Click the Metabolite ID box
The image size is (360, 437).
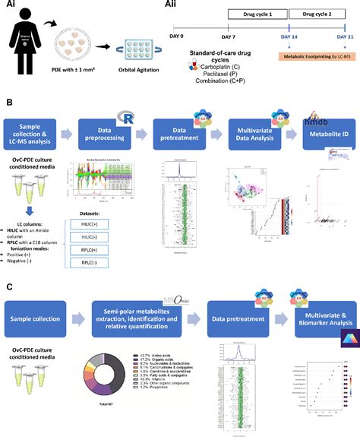coord(322,131)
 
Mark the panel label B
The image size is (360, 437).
coord(8,101)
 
